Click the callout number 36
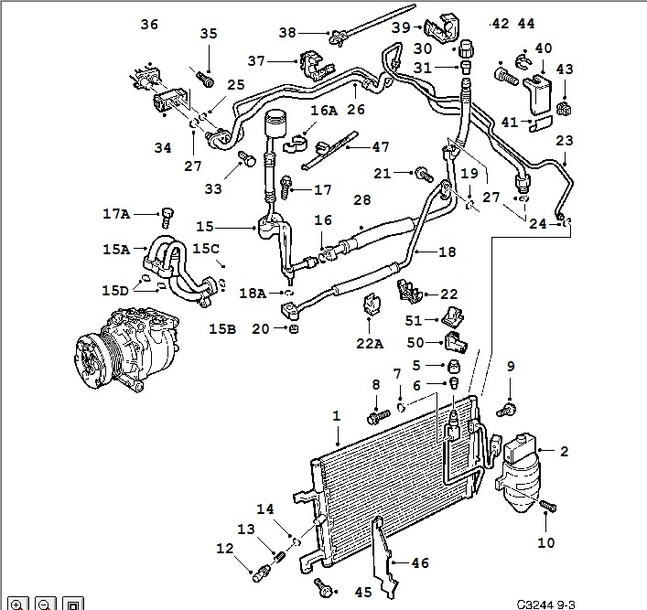coord(149,24)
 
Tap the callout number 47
coord(380,146)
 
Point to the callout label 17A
coord(116,214)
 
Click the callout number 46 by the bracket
coord(420,563)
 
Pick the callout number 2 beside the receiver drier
coord(564,451)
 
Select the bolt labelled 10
coord(549,505)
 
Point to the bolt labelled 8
coord(377,417)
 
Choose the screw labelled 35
coord(205,79)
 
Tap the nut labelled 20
coord(294,328)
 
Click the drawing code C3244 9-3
coord(545,604)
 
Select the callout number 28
coord(361,199)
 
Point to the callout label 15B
coord(222,326)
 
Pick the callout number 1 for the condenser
coord(337,415)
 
